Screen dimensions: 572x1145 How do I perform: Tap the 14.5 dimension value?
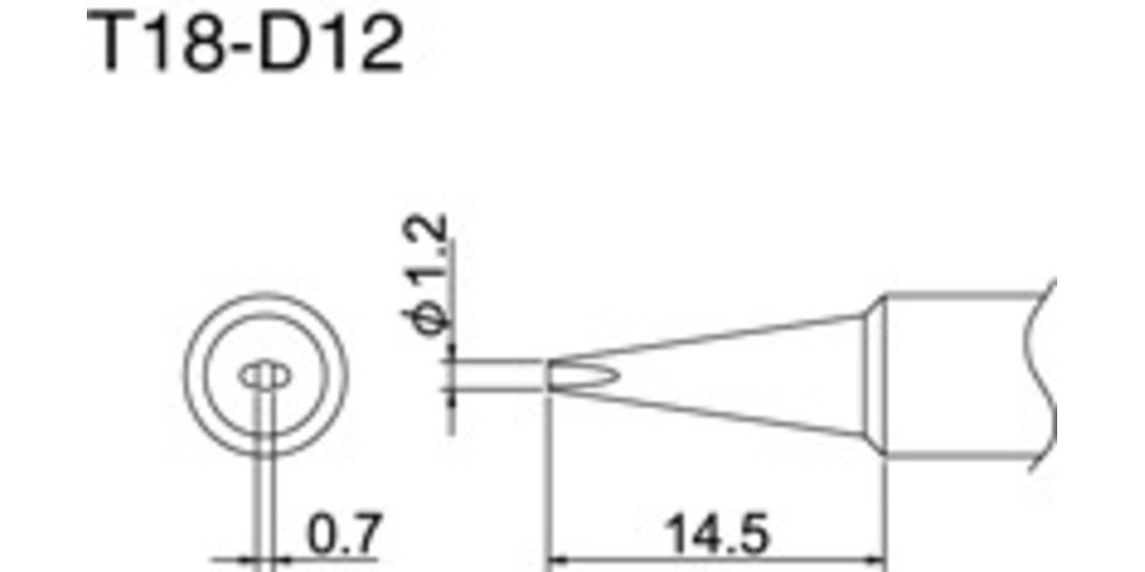[x=716, y=536]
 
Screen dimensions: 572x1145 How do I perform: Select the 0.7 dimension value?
[x=344, y=536]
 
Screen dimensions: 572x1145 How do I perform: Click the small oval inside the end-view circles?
[x=264, y=377]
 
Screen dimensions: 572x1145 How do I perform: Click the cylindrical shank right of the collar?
[x=964, y=376]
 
